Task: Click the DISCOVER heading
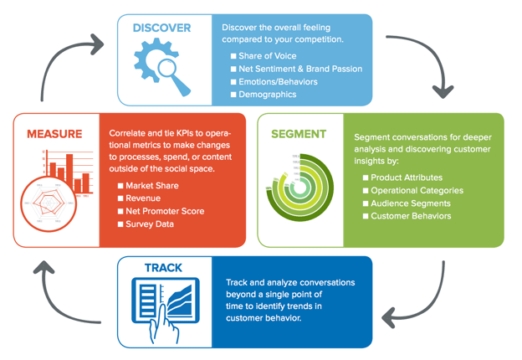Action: tap(161, 28)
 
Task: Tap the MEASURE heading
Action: tap(54, 134)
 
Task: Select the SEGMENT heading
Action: tap(298, 134)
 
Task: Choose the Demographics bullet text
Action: tap(269, 95)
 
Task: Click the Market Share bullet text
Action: tap(152, 186)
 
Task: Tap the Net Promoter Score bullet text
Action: tap(165, 212)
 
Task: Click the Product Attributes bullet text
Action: tap(407, 177)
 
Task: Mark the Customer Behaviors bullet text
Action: tap(411, 216)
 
